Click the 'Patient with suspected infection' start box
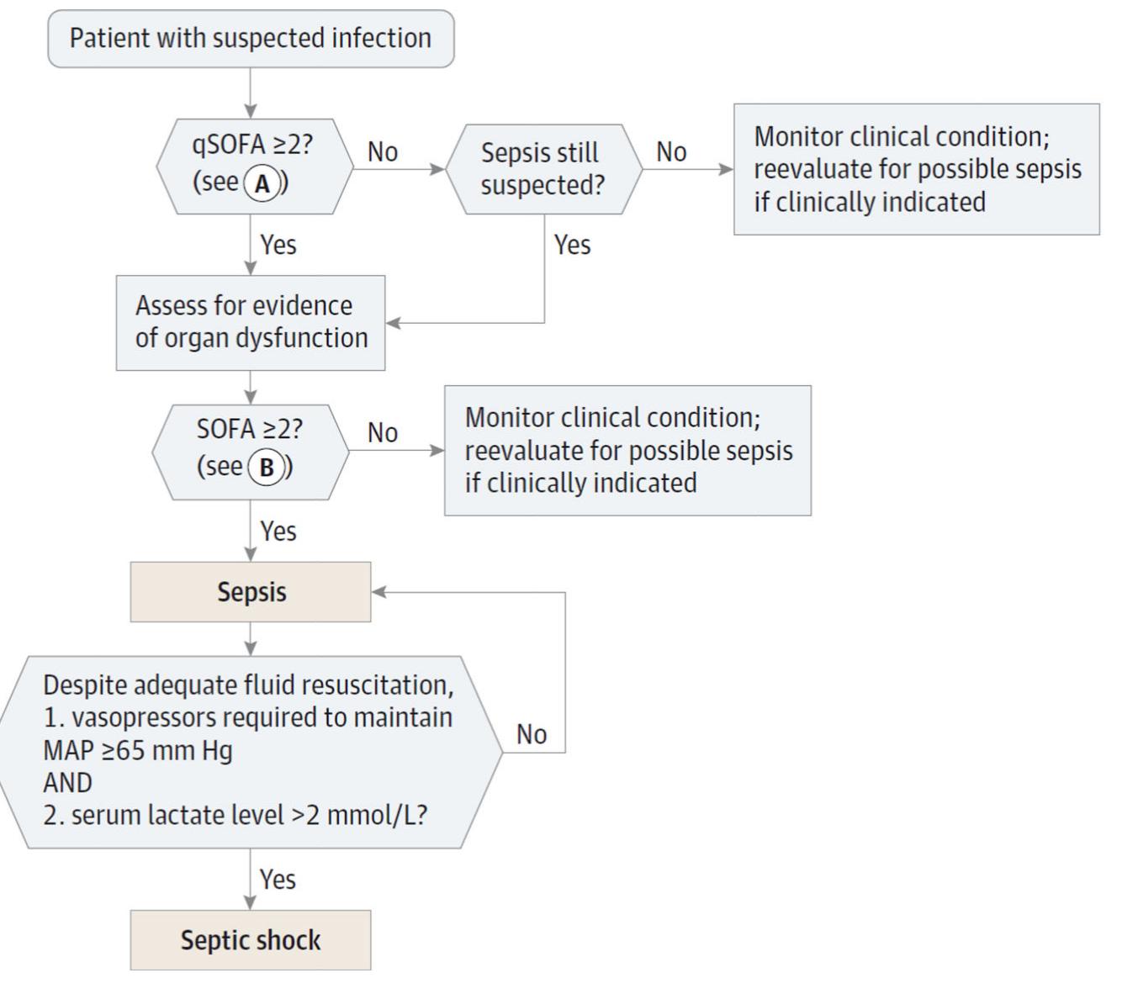[x=251, y=39]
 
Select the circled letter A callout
[x=262, y=183]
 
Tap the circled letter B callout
[x=267, y=468]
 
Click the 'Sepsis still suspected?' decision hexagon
[x=543, y=169]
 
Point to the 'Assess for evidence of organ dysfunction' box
[x=251, y=322]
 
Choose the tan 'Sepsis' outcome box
[x=251, y=592]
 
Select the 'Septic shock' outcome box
[x=251, y=940]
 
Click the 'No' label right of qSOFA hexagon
[x=383, y=152]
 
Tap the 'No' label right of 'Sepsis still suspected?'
[x=671, y=152]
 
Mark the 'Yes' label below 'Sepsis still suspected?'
[x=572, y=246]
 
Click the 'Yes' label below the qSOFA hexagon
[x=278, y=246]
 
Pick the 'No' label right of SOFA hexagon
[x=383, y=433]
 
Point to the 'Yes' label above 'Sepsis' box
[x=278, y=531]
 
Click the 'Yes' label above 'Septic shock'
[x=278, y=880]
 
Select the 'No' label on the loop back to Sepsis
[x=532, y=735]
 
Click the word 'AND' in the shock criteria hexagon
[x=67, y=783]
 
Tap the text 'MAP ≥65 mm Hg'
[x=138, y=750]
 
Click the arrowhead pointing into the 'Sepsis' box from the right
[x=379, y=592]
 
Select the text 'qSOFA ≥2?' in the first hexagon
[x=252, y=145]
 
